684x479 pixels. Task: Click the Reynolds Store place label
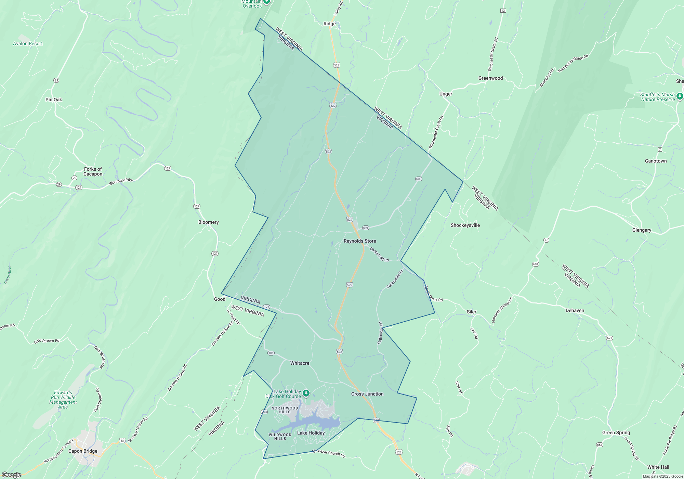coord(360,241)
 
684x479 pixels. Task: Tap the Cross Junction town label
coord(367,394)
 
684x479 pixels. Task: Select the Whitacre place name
coord(300,363)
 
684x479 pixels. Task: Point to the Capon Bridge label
coord(83,451)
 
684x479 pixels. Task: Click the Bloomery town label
coord(208,222)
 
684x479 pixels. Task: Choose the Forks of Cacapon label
coord(93,171)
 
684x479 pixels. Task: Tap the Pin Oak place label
coord(54,100)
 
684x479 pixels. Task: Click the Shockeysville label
coord(465,225)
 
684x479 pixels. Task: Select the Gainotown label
coord(656,161)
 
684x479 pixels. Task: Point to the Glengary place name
coord(642,230)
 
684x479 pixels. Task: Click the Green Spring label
coord(616,432)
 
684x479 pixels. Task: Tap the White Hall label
coord(658,467)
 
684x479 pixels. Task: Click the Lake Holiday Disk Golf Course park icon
coord(306,393)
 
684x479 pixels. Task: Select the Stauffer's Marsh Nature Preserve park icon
coord(680,96)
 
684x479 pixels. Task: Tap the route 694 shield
coord(366,228)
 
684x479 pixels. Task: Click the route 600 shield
coord(419,179)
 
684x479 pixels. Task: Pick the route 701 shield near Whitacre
coord(271,353)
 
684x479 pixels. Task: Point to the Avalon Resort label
coord(28,43)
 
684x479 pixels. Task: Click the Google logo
coord(11,475)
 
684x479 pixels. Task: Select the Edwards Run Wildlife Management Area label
coord(63,400)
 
